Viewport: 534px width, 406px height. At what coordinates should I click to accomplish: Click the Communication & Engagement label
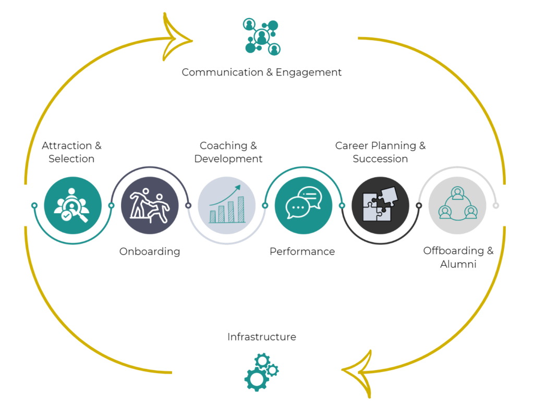click(261, 72)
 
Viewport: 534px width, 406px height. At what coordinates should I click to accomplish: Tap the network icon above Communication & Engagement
click(261, 36)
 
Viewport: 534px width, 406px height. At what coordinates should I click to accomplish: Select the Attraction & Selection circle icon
click(72, 205)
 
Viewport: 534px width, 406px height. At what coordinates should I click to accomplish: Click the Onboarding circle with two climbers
click(150, 205)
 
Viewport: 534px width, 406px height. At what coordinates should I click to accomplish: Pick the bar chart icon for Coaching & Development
click(227, 205)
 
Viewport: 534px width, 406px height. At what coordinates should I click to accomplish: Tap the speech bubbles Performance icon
click(304, 205)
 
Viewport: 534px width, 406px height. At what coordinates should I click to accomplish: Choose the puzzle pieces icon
click(380, 205)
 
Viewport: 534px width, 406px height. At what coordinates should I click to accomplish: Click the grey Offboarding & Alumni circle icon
click(457, 205)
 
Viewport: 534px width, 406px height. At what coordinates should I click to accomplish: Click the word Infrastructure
click(261, 337)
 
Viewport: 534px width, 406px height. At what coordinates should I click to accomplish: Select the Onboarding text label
click(150, 252)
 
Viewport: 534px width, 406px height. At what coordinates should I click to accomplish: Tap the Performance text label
click(302, 252)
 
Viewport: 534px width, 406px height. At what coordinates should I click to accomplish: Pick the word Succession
click(380, 159)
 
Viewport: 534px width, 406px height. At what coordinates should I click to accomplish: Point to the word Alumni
click(458, 264)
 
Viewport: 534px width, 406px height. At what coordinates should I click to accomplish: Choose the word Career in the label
click(352, 146)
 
